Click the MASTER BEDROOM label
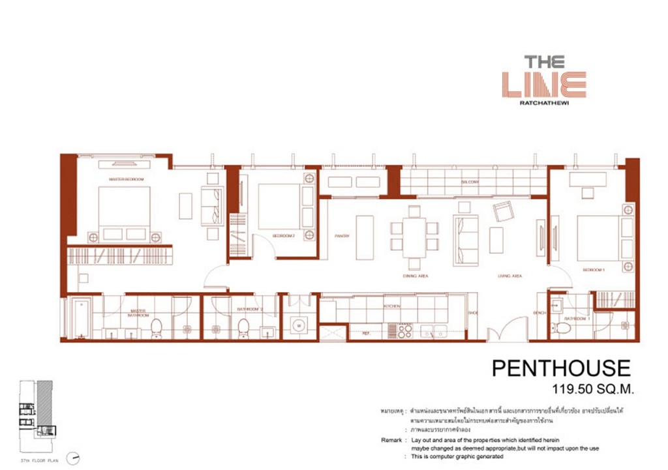(x=126, y=179)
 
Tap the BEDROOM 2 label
(x=284, y=236)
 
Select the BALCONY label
(x=470, y=182)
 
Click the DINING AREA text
(x=415, y=276)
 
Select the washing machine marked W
(x=298, y=324)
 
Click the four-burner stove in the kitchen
(x=404, y=330)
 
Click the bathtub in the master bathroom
(x=81, y=317)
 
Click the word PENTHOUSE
(x=561, y=368)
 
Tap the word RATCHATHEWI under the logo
(x=544, y=102)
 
